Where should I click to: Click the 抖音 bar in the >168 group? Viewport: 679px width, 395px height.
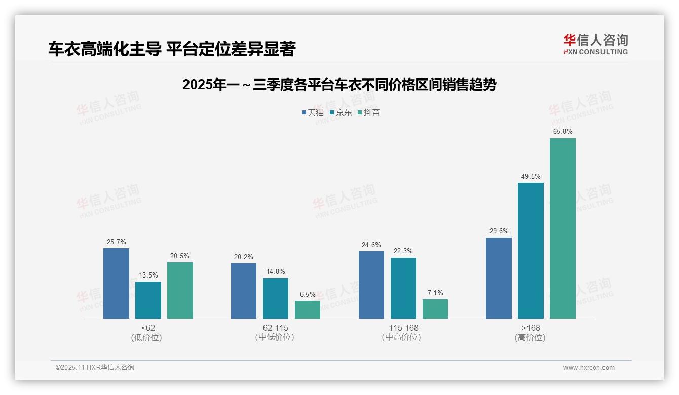pos(562,228)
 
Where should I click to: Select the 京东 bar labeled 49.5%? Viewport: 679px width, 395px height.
pos(531,251)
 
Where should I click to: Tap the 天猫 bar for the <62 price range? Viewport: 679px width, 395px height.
pos(116,283)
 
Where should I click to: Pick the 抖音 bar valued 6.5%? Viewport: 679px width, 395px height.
pos(308,309)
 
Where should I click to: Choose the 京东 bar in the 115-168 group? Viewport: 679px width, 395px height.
pos(403,288)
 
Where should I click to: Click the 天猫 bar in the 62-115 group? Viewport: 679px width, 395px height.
pos(244,291)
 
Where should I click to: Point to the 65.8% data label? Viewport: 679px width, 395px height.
pos(562,132)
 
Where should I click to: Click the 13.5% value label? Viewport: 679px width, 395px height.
pos(148,275)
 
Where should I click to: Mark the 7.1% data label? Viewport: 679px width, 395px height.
pos(435,293)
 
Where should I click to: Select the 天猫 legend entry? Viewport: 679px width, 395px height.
pos(313,113)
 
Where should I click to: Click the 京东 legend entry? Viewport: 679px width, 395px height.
pos(341,113)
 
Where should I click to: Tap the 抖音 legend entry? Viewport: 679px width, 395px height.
pos(369,113)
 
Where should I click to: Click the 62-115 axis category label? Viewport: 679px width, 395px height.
pos(275,328)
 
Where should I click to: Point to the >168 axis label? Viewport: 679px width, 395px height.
pos(531,328)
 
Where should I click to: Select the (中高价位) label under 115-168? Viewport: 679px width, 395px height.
pos(401,337)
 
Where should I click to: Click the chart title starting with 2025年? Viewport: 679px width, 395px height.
pos(339,85)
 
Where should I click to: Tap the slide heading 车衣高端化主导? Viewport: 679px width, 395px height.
pos(172,49)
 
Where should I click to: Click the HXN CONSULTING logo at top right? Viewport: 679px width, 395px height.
pos(595,45)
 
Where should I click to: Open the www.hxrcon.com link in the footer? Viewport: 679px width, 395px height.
pos(589,368)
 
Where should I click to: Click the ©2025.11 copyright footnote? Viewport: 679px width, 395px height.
pos(95,368)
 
